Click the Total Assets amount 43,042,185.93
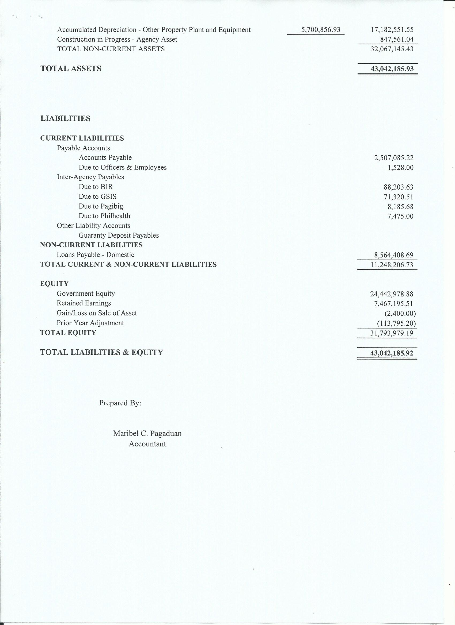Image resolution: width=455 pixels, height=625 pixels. [392, 69]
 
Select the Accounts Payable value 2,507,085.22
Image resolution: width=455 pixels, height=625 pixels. [393, 158]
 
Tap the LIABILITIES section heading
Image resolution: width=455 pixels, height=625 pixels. [65, 118]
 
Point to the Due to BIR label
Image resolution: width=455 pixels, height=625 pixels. [96, 187]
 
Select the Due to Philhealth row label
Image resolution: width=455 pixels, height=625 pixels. [104, 216]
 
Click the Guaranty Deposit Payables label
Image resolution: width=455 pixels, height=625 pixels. [119, 235]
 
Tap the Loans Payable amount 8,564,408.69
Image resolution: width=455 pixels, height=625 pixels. [393, 255]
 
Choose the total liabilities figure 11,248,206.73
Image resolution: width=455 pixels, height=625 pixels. [392, 265]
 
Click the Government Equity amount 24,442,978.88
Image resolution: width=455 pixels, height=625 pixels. [392, 294]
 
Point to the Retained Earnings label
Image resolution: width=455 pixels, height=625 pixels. [84, 303]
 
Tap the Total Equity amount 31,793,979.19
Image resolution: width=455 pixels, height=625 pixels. [392, 333]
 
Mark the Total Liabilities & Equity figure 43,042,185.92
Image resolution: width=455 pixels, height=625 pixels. [392, 353]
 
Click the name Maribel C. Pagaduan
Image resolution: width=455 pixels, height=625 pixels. [147, 434]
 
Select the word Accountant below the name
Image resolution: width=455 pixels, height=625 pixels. [147, 444]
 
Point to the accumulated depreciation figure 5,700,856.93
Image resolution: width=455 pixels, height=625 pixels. [321, 30]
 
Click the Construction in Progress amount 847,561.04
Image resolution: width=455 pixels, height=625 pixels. [397, 39]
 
